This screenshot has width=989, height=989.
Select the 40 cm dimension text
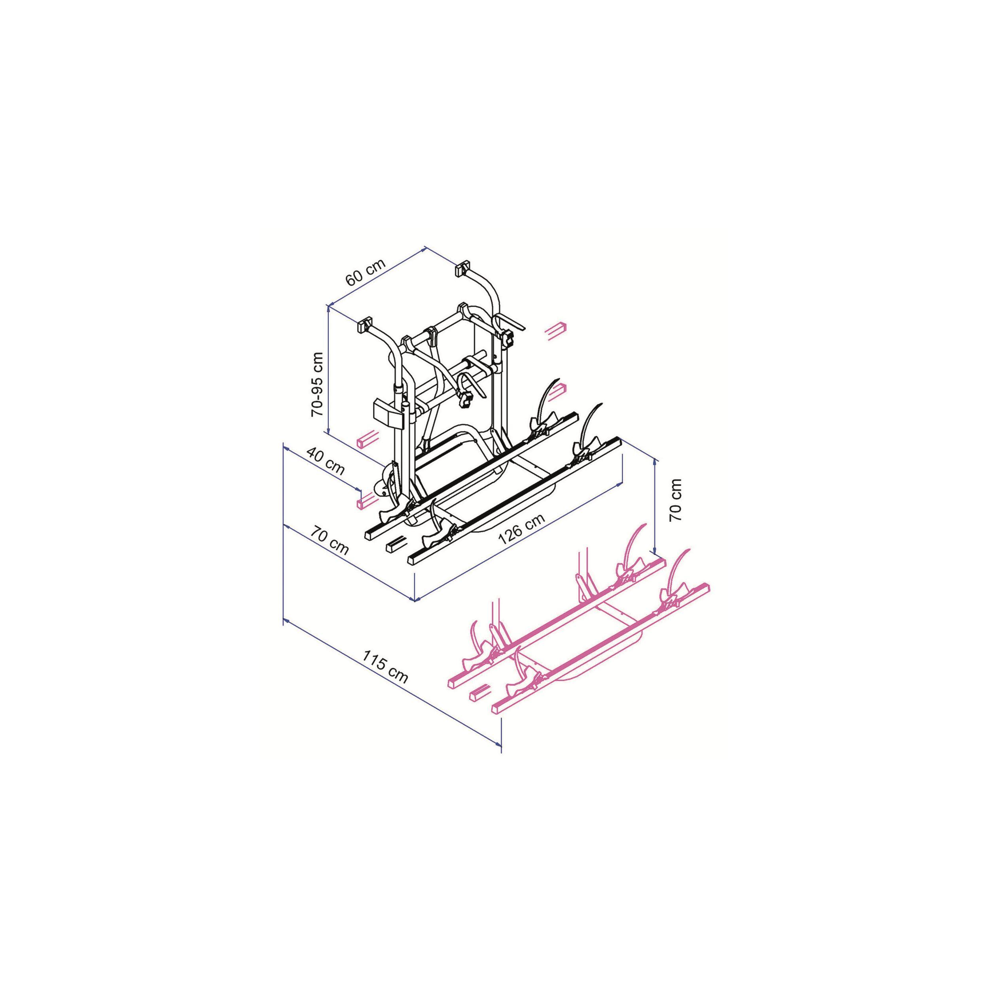(x=326, y=460)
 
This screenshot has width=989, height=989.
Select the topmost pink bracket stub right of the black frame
(x=557, y=329)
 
